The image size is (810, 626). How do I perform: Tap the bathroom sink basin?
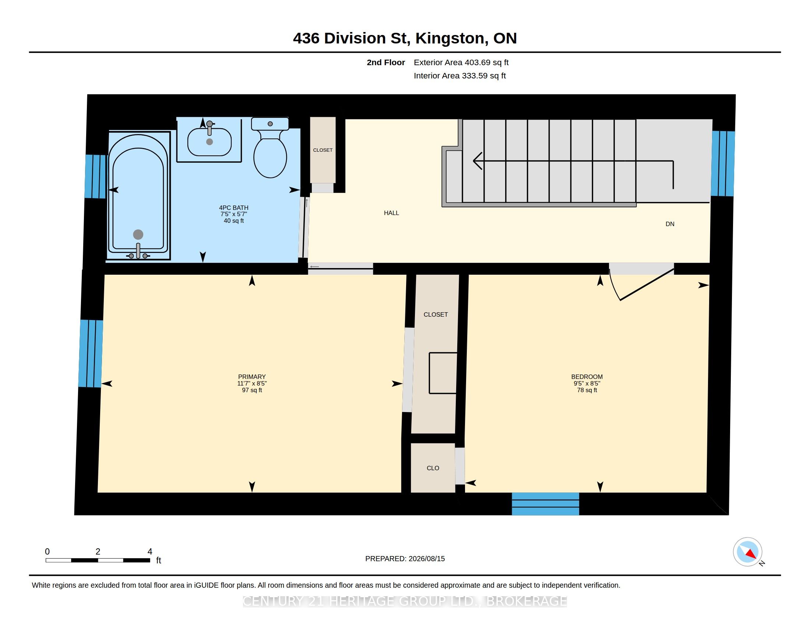coord(209,142)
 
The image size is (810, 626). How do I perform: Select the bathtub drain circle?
coord(138,234)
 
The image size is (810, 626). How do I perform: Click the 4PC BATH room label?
coord(234,208)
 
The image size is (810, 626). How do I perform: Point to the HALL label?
coord(391,213)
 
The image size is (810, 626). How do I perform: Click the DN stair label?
coord(670,224)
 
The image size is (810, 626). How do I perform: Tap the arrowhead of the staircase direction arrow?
coord(478,161)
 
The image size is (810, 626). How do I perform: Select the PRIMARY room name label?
coord(252,377)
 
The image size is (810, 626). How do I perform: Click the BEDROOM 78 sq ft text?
coord(587,390)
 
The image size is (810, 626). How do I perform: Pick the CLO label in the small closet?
coord(433,468)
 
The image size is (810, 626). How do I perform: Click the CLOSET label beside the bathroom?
coord(323,150)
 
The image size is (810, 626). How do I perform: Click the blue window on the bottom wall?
coord(545,504)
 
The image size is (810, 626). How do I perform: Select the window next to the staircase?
coord(723,163)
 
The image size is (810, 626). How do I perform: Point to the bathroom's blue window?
coord(96,176)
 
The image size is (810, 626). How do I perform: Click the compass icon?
coord(748,552)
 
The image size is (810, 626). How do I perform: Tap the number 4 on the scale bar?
coord(150,552)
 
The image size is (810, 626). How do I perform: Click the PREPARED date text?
coord(405,559)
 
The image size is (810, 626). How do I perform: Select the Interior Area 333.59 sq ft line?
coord(459,75)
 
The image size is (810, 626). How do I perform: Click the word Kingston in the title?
coord(450,39)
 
